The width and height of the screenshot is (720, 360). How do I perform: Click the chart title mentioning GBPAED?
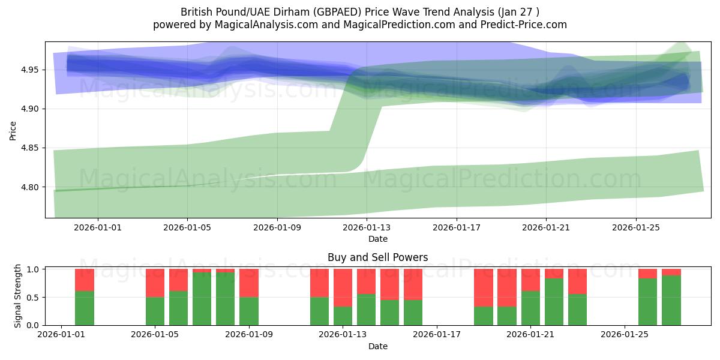pyautogui.click(x=359, y=12)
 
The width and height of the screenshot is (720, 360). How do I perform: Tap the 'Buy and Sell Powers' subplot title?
pyautogui.click(x=377, y=257)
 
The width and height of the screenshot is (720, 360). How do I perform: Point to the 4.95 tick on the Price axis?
pyautogui.click(x=29, y=70)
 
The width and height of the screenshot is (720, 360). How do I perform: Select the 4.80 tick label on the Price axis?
pyautogui.click(x=29, y=187)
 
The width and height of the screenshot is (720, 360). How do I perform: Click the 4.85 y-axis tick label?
pyautogui.click(x=29, y=148)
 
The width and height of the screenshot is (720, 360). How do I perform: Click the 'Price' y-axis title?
pyautogui.click(x=13, y=130)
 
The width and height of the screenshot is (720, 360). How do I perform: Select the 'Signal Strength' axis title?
pyautogui.click(x=18, y=295)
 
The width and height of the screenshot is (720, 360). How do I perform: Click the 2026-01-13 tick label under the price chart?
pyautogui.click(x=367, y=227)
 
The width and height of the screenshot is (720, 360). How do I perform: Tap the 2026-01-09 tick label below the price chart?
pyautogui.click(x=277, y=227)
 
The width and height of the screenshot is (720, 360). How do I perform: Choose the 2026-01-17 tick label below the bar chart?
pyautogui.click(x=437, y=335)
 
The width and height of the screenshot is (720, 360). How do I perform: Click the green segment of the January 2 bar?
pyautogui.click(x=85, y=308)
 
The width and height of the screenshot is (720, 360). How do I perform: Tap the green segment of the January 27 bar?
pyautogui.click(x=671, y=300)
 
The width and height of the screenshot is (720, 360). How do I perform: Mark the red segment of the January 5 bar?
pyautogui.click(x=155, y=283)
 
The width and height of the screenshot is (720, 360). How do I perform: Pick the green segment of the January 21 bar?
pyautogui.click(x=530, y=308)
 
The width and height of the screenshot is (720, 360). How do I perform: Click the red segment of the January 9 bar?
pyautogui.click(x=249, y=283)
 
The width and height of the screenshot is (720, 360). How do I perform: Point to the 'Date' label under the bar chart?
pyautogui.click(x=377, y=346)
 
